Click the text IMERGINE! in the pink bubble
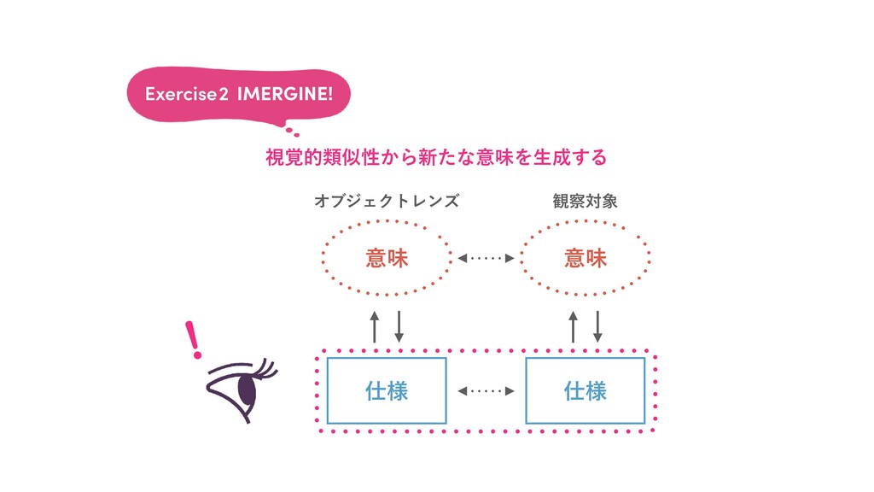click(x=285, y=94)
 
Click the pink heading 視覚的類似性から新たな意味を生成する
click(x=436, y=157)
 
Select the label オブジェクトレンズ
click(x=387, y=202)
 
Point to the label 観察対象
click(x=585, y=202)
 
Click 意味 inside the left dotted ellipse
click(x=387, y=257)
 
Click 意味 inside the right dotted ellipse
click(x=586, y=257)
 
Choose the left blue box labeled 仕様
click(x=387, y=391)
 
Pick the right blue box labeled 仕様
click(x=586, y=391)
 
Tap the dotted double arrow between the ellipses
click(x=487, y=257)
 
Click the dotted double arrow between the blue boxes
click(x=487, y=391)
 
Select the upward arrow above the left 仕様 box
click(x=374, y=326)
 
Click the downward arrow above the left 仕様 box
click(x=399, y=326)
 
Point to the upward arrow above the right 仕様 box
click(x=573, y=326)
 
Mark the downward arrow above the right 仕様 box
click(x=597, y=326)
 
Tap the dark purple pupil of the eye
click(x=248, y=389)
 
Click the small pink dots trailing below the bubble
click(x=293, y=132)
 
